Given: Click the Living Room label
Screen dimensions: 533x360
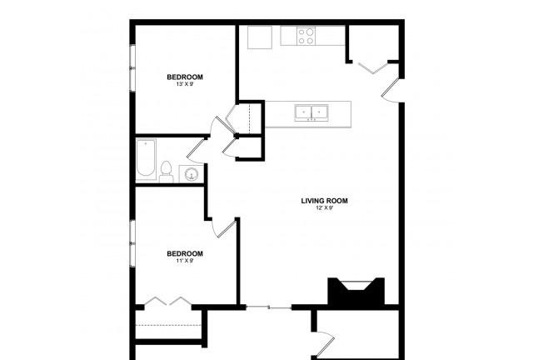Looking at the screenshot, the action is pyautogui.click(x=324, y=201).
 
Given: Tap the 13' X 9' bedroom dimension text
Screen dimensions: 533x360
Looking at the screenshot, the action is pyautogui.click(x=185, y=84).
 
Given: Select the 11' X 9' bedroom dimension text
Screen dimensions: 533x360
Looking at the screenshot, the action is pyautogui.click(x=185, y=261).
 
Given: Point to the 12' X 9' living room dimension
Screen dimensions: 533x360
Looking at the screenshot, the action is pyautogui.click(x=324, y=207).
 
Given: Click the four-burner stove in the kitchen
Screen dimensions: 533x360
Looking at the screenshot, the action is pyautogui.click(x=306, y=36).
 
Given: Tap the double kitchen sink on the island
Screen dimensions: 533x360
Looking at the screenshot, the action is pyautogui.click(x=311, y=112).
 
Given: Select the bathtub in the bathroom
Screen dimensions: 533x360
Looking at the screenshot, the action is pyautogui.click(x=146, y=159).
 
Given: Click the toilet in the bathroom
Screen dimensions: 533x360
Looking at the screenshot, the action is pyautogui.click(x=167, y=172).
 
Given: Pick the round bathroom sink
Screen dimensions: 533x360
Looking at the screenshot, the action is pyautogui.click(x=191, y=175).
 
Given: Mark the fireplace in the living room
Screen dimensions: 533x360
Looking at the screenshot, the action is pyautogui.click(x=356, y=291).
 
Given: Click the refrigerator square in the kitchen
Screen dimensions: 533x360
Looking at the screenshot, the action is pyautogui.click(x=260, y=37).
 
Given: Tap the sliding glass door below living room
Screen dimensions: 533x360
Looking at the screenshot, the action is pyautogui.click(x=268, y=307).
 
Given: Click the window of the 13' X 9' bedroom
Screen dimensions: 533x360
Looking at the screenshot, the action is pyautogui.click(x=132, y=68).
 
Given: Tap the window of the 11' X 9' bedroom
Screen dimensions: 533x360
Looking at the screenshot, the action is pyautogui.click(x=132, y=243).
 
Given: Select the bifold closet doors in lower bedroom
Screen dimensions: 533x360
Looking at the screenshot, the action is pyautogui.click(x=168, y=301).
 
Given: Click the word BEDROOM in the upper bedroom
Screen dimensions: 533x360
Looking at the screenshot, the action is pyautogui.click(x=185, y=77).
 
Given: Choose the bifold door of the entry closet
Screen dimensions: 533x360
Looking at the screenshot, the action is pyautogui.click(x=373, y=67).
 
